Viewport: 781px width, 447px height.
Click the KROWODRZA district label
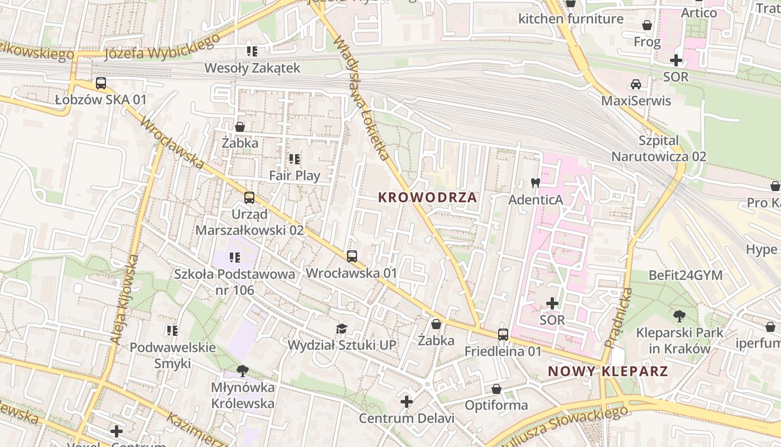[x=427, y=197]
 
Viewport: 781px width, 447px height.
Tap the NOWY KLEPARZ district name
[x=608, y=372]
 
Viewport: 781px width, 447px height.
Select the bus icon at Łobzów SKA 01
[x=101, y=83]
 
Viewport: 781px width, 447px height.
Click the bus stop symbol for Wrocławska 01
[x=351, y=256]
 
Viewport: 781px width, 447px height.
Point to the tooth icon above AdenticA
[x=535, y=183]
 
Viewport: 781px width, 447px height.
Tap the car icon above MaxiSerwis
[x=635, y=84]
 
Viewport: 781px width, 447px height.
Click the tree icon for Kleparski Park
[x=679, y=316]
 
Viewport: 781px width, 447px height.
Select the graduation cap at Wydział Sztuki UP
[x=341, y=329]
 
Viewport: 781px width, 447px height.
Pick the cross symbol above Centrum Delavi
[x=407, y=402]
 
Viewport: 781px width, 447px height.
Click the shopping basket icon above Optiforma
[x=496, y=389]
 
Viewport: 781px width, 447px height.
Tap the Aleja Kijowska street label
[x=124, y=299]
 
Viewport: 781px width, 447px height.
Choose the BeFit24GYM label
[x=685, y=275]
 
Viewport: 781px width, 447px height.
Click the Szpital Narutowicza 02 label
[x=659, y=149]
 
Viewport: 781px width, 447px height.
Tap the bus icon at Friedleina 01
[x=503, y=334]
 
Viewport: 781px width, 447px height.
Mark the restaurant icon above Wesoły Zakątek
[x=252, y=51]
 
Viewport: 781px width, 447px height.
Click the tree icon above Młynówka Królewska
[x=242, y=370]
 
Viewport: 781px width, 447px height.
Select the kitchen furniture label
[x=571, y=19]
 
